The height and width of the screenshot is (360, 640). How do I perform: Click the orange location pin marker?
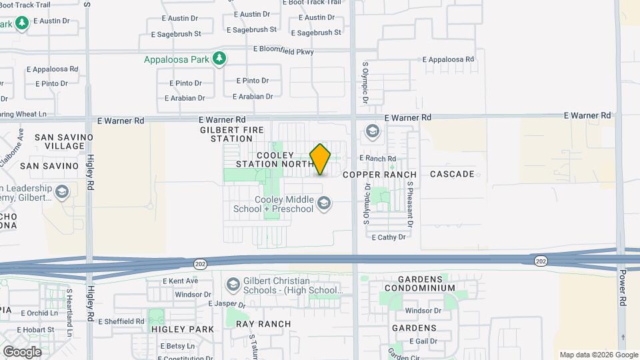[x=320, y=159]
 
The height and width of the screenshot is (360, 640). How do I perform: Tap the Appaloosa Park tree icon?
[x=219, y=59]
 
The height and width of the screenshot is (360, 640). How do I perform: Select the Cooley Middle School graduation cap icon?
[x=324, y=203]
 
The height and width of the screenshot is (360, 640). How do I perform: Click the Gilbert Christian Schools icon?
[x=233, y=285]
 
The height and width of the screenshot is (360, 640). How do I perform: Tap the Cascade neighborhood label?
[x=452, y=174]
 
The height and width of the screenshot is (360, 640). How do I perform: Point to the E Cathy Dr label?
[x=389, y=237]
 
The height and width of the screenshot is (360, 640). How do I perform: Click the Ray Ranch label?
[x=263, y=324]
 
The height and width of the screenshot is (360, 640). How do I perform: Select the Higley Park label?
[x=183, y=329]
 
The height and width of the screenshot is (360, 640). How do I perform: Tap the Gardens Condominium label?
[x=426, y=283]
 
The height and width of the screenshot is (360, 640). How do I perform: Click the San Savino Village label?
[x=59, y=141]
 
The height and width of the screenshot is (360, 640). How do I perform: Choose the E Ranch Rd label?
[x=378, y=158]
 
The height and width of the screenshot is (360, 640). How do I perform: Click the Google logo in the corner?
[x=22, y=351]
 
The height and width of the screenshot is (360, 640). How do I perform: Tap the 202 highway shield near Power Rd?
[x=540, y=261]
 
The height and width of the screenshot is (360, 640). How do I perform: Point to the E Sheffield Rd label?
[x=121, y=321]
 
